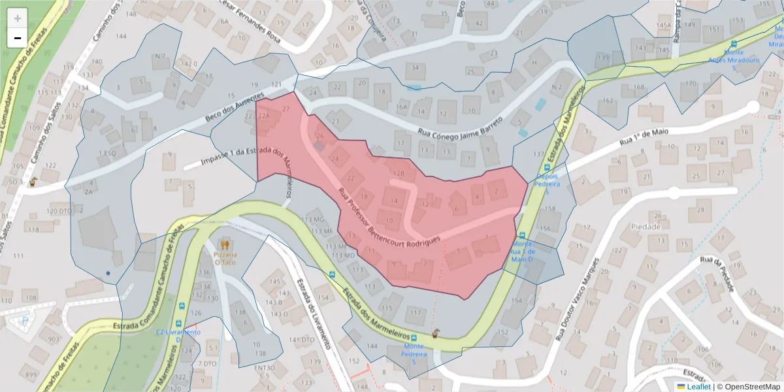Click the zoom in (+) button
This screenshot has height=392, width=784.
[18, 18]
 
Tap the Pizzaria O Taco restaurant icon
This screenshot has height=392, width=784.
[226, 245]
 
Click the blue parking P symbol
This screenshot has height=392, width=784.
[25, 321]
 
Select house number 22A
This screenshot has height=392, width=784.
[263, 116]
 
